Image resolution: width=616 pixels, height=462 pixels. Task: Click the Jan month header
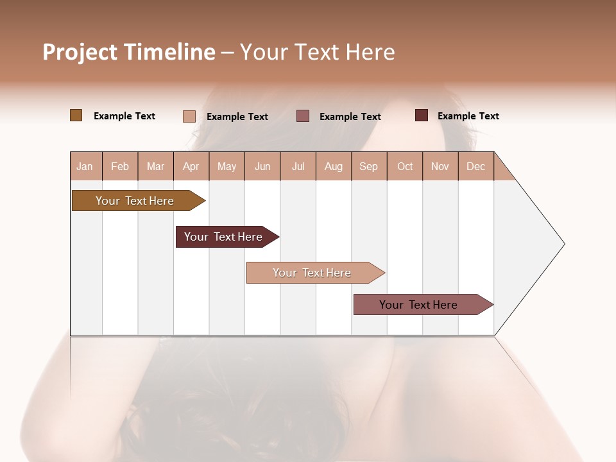click(85, 166)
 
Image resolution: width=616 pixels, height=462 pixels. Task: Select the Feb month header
click(120, 166)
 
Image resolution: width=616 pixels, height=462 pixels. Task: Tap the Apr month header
click(191, 166)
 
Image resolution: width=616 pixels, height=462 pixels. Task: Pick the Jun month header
click(262, 166)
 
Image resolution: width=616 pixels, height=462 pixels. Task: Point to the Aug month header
click(334, 166)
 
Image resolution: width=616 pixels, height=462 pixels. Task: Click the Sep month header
click(369, 166)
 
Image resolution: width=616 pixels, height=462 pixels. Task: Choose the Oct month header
click(405, 166)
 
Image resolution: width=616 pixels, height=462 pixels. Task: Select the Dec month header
click(476, 166)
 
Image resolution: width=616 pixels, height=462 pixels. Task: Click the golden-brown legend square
click(76, 116)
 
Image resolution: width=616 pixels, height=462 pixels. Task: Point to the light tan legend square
click(189, 116)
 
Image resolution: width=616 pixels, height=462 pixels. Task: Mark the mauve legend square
click(303, 116)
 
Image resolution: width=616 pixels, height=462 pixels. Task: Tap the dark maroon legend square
click(421, 116)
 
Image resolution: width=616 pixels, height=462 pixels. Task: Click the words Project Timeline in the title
click(128, 52)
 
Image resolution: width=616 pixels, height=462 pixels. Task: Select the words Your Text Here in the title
click(317, 52)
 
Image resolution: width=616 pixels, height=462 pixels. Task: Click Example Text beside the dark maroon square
click(468, 116)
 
